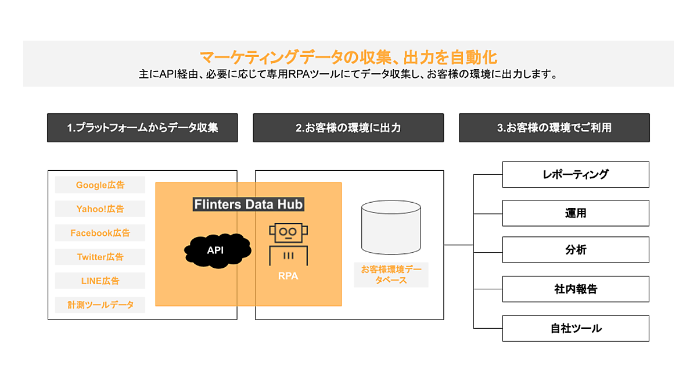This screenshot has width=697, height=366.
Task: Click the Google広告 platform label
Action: [x=100, y=185]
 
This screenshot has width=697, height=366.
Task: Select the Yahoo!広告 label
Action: [x=100, y=209]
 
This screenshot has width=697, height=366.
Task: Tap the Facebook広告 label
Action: [x=100, y=233]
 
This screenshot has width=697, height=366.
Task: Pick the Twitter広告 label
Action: [x=100, y=257]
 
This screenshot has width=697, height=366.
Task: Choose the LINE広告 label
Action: [x=100, y=281]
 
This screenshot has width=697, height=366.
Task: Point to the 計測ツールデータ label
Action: [x=100, y=304]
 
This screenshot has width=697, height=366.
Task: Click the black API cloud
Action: [x=216, y=250]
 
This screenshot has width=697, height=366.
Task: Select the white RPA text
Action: [x=288, y=277]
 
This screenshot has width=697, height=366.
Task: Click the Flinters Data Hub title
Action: [x=249, y=204]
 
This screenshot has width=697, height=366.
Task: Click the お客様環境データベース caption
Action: [x=391, y=274]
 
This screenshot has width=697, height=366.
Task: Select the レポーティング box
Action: [x=575, y=174]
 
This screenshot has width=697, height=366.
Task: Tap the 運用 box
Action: [x=575, y=213]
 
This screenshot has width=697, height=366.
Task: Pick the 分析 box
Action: [x=575, y=250]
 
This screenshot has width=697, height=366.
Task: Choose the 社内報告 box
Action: [x=575, y=289]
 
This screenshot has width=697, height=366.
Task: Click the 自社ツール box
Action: [x=575, y=328]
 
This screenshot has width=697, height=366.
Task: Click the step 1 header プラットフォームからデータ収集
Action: [x=142, y=128]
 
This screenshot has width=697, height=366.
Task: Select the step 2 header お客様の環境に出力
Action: [x=348, y=128]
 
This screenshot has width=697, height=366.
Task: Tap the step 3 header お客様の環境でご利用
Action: [x=554, y=128]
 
